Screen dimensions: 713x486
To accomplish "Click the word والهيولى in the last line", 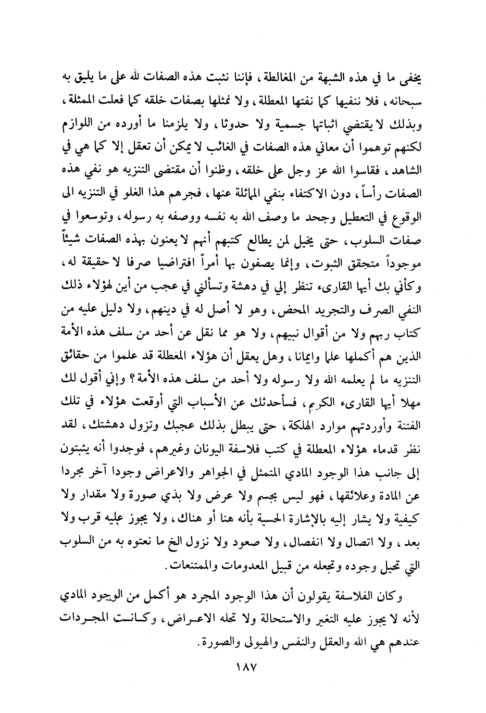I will coord(253,642).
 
